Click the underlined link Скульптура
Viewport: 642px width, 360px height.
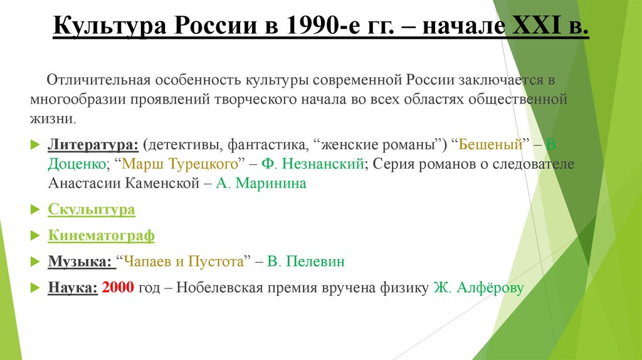click(x=92, y=209)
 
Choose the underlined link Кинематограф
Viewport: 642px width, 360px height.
click(x=101, y=236)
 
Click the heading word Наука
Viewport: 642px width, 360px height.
click(x=72, y=288)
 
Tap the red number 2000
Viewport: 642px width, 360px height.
click(x=117, y=288)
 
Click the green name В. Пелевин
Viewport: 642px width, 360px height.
click(x=305, y=262)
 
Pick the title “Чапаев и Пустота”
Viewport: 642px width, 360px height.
click(x=184, y=262)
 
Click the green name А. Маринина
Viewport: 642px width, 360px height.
click(x=261, y=184)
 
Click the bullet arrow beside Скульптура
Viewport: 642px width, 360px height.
click(x=35, y=209)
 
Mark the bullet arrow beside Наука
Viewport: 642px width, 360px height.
click(x=35, y=288)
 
